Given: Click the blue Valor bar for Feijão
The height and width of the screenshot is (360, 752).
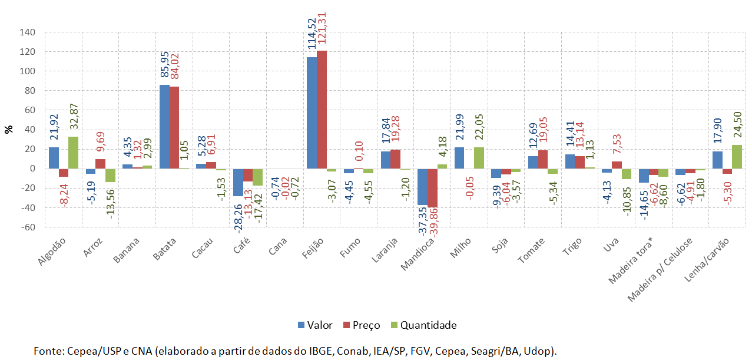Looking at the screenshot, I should (312, 113).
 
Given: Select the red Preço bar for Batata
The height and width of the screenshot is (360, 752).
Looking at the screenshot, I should (174, 127).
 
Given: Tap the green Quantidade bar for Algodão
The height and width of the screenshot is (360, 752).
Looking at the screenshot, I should (72, 153).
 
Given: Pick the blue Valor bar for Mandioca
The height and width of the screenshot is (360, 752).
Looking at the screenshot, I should (422, 187).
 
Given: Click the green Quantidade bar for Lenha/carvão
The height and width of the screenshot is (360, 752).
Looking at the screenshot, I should (736, 157).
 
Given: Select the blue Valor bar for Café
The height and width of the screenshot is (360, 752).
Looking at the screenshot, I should (238, 182).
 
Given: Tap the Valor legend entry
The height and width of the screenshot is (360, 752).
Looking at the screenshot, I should (315, 325).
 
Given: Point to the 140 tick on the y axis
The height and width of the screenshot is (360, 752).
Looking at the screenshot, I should (28, 32).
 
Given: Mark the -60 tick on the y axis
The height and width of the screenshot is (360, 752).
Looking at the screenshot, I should (28, 227).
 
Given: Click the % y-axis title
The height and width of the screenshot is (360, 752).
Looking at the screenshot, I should (8, 129).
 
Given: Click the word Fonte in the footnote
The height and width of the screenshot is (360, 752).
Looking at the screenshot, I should (48, 351).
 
